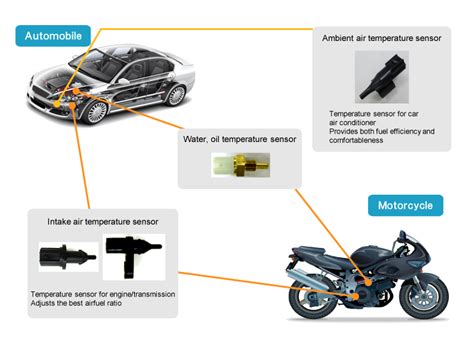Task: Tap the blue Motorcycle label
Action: click(405, 206)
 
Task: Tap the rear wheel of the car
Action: click(176, 96)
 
